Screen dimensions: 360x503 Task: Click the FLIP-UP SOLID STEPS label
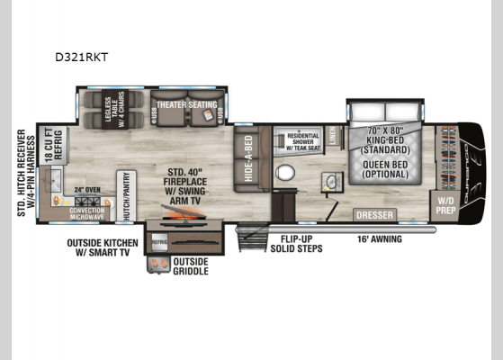click(296, 243)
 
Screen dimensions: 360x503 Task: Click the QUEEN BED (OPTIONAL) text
click(389, 171)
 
